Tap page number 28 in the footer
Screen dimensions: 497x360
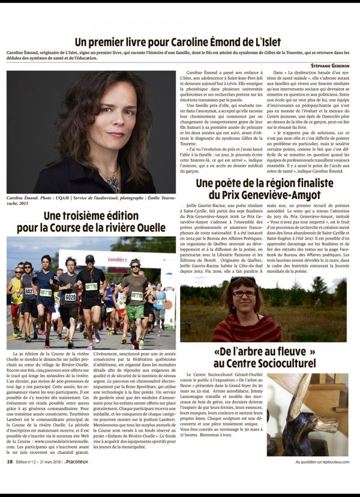coord(10,478)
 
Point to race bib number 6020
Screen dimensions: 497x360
coord(71,297)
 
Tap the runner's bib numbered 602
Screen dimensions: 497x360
coord(29,291)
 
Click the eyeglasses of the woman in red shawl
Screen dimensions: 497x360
coord(243,294)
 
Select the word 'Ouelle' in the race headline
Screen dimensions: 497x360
coord(148,228)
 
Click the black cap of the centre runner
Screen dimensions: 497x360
coord(90,258)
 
